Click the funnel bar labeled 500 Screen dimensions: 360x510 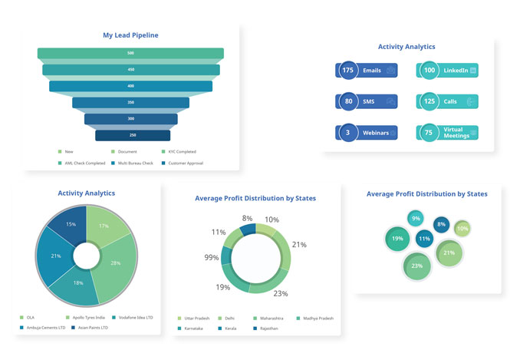coord(130,53)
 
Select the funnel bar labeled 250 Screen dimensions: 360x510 coord(132,135)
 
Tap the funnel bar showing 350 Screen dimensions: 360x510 coord(130,102)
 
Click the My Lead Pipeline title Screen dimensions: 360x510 coord(130,35)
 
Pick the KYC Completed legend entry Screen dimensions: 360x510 coord(178,152)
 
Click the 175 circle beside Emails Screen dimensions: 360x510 coord(348,71)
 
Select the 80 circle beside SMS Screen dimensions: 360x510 coord(348,101)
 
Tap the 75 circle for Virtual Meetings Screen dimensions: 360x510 coord(429,133)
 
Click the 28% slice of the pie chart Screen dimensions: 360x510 coord(115,263)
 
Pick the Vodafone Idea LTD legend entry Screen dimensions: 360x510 coord(136,317)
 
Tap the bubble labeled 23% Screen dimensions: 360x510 coord(417,266)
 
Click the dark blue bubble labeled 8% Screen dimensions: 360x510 coord(440,225)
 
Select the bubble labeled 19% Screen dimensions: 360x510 coord(398,239)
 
